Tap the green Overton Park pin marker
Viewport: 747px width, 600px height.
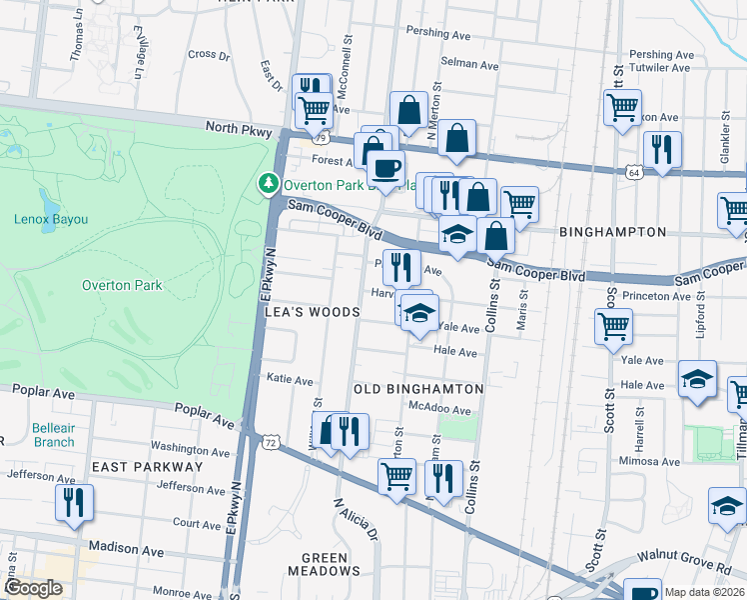268,184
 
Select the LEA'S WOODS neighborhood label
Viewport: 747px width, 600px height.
312,312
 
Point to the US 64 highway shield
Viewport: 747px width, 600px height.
634,172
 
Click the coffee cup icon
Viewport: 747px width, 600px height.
386,168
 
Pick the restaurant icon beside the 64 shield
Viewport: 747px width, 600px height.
662,150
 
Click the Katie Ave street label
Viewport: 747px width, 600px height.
290,380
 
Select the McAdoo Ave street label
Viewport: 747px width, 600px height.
439,410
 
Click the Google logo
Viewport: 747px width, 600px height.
33,588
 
